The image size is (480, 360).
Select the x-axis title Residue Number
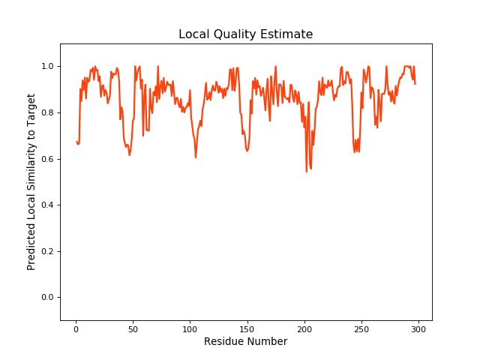click(x=245, y=342)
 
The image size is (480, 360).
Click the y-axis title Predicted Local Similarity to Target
click(x=31, y=181)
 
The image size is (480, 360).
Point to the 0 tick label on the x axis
click(x=76, y=328)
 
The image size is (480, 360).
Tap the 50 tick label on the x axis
click(x=133, y=328)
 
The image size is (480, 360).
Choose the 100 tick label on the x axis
click(x=190, y=328)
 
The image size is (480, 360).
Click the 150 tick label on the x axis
click(x=247, y=328)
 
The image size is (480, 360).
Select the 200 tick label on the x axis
click(x=304, y=328)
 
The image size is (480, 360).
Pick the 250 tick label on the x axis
click(x=361, y=328)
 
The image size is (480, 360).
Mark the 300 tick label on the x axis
click(x=418, y=328)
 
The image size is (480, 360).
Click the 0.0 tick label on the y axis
click(x=47, y=298)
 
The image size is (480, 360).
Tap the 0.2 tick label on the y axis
click(x=47, y=251)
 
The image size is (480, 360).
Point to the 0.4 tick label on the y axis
click(x=47, y=205)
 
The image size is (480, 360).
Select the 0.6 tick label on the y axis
click(x=47, y=159)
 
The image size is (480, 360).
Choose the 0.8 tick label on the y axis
click(x=47, y=113)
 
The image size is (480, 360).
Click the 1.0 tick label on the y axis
click(x=47, y=67)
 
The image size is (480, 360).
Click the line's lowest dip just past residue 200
click(x=307, y=172)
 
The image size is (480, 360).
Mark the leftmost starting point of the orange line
click(x=76, y=141)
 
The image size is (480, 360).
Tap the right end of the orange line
click(x=415, y=83)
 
